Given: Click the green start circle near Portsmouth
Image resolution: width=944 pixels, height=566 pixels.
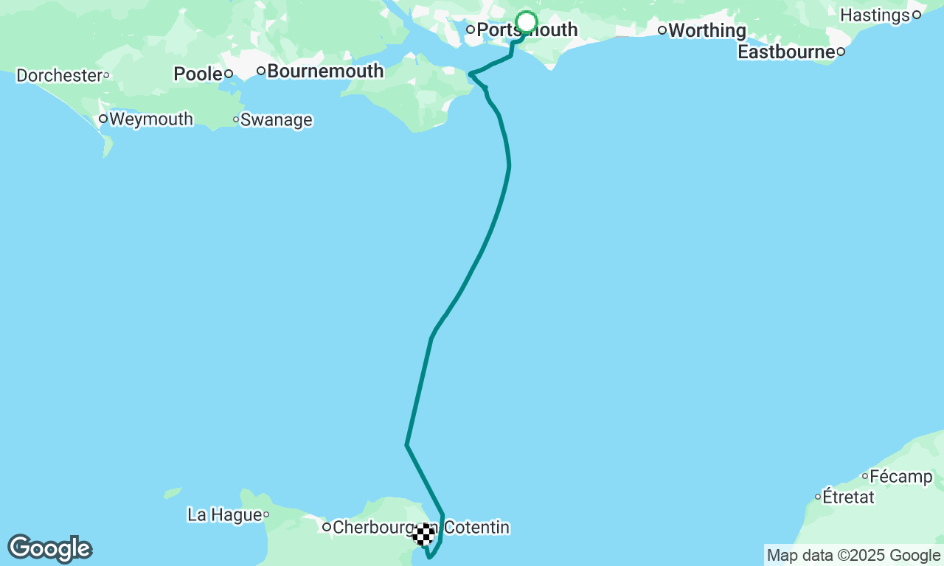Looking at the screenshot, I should [527, 22].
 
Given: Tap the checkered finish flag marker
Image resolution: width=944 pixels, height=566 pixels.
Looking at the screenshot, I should [423, 534].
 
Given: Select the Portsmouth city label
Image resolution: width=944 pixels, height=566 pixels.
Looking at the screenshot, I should [527, 30].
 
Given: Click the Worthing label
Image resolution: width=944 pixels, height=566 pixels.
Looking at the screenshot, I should [707, 31].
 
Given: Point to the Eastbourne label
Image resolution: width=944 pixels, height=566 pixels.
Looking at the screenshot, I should [786, 52].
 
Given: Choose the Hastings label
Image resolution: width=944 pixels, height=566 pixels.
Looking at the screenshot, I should [875, 15].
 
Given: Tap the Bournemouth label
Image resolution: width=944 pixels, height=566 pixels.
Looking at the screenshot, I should [325, 71].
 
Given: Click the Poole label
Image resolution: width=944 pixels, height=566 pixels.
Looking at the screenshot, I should [198, 74].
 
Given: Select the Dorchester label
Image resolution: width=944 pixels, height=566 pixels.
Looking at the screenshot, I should [59, 75].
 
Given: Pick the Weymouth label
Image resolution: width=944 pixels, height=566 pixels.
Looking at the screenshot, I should [151, 119].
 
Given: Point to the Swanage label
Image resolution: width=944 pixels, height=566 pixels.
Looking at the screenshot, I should [277, 120].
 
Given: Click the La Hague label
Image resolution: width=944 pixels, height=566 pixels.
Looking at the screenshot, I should [225, 514].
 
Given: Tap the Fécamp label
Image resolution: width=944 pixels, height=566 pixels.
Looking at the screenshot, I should [901, 476].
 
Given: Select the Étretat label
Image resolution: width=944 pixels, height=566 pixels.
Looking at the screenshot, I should [849, 497].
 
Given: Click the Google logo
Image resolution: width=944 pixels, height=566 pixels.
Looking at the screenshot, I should [49, 548].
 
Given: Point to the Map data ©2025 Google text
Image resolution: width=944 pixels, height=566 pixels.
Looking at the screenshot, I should [853, 556].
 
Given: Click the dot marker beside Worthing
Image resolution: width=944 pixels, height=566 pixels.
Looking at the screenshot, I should [662, 30].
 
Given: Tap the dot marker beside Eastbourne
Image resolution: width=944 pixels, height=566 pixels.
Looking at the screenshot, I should [840, 52].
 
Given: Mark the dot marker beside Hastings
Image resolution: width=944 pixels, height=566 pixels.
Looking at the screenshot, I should [917, 15].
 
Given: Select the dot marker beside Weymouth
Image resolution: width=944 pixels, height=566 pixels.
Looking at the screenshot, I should [103, 119].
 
